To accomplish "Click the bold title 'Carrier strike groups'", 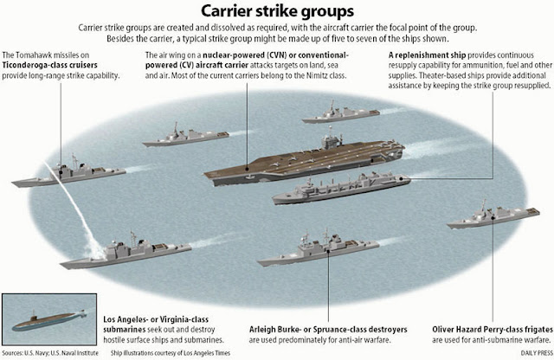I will pyautogui.click(x=276, y=11).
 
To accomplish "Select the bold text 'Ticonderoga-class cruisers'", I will pyautogui.click(x=52, y=66).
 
